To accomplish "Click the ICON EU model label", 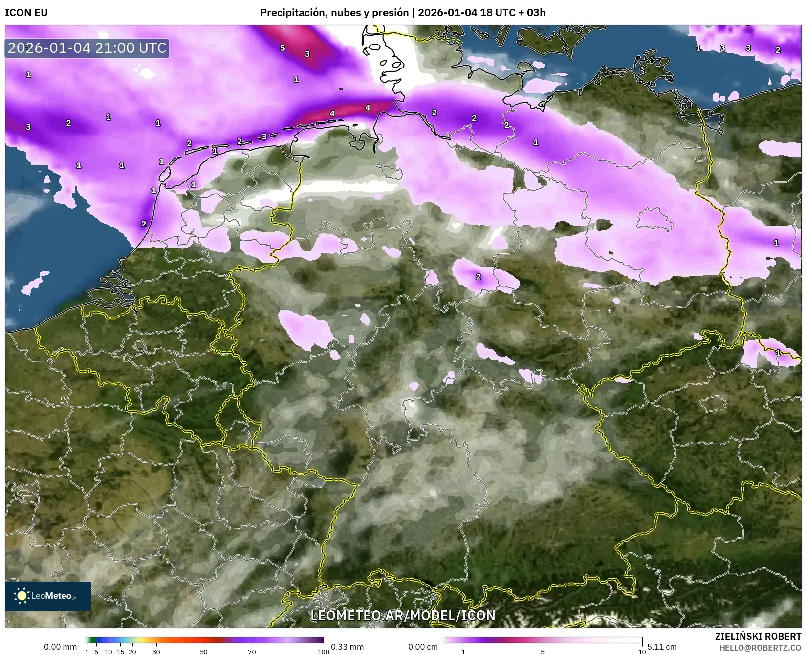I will pos(26,13).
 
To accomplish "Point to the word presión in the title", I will pos(391,13).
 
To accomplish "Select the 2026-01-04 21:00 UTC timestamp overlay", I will pos(87,48).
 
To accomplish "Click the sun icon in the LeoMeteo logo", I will pos(22,595).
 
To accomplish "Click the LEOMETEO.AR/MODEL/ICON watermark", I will pos(403,615).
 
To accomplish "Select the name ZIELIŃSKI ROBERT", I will pos(758,636).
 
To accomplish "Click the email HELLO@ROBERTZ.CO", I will pos(760,647).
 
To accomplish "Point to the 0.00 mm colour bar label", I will pos(60,647).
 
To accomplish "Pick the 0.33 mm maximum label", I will pos(347,647).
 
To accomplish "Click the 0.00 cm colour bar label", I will pos(423,647).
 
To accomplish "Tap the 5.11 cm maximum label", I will pos(662,647).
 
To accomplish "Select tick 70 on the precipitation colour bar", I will pos(252,651).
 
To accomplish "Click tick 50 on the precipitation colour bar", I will pos(204,651).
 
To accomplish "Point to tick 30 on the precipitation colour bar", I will pos(156,651).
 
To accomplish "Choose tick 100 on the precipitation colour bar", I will pos(323,651).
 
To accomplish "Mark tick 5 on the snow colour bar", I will pos(543,651).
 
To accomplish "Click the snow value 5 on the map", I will pos(283,48).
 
